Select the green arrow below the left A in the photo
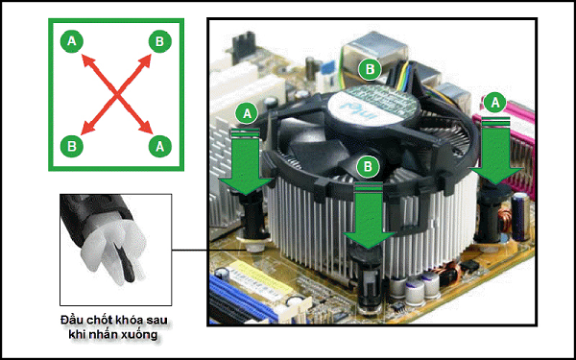(246, 161)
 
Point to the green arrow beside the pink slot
(496, 150)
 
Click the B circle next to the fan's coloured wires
(370, 69)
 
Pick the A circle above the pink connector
(495, 103)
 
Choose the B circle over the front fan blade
(368, 167)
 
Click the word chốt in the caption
(101, 320)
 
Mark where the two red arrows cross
(116, 94)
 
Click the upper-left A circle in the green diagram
(72, 41)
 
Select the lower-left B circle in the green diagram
(72, 146)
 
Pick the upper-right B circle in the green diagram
(159, 41)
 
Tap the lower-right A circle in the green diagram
(159, 146)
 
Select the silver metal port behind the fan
(374, 52)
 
